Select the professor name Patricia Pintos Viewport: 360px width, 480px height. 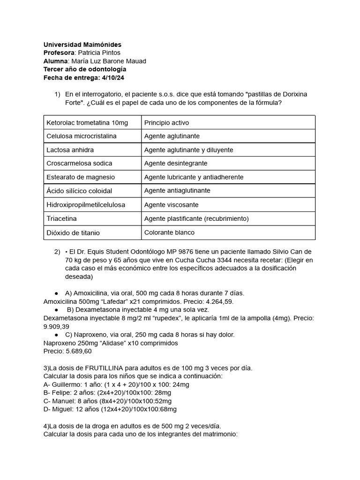click(x=99, y=53)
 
